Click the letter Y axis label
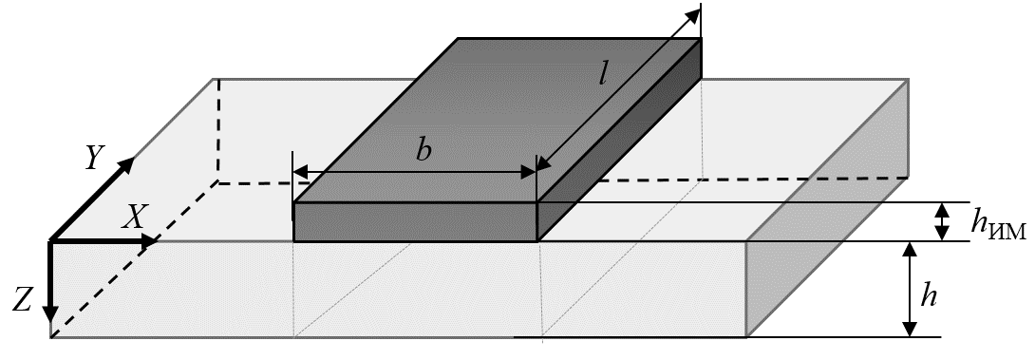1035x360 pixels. tap(96, 159)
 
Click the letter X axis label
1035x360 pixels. tap(135, 216)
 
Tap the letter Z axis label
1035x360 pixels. tap(23, 301)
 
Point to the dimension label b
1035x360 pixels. tap(423, 151)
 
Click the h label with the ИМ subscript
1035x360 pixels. tap(997, 224)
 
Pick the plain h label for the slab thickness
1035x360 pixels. tap(929, 297)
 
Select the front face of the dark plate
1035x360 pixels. tap(416, 222)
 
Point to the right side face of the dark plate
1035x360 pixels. tap(619, 140)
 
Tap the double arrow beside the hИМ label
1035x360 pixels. tap(942, 221)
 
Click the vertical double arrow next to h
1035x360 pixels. tap(911, 290)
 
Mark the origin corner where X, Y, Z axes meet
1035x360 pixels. tap(51, 242)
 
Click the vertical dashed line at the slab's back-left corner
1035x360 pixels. tap(218, 131)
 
